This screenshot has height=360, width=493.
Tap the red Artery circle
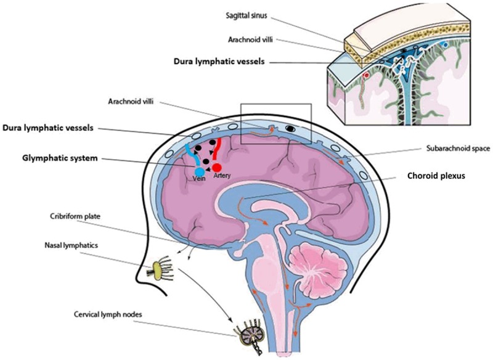(x=217, y=166)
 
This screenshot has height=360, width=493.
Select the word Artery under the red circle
(x=223, y=176)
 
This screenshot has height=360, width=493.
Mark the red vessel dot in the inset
(x=367, y=75)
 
